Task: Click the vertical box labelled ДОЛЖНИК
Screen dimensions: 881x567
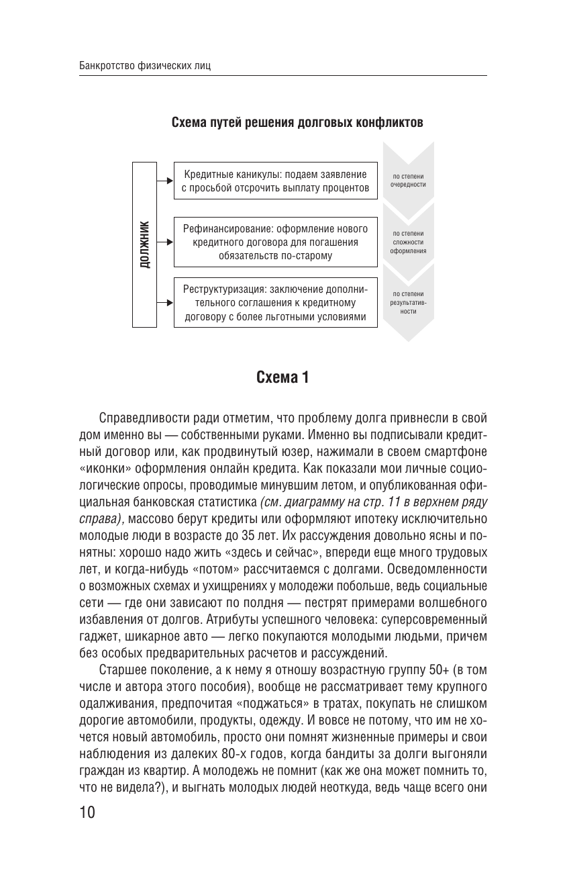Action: (144, 244)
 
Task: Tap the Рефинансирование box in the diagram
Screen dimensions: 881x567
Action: (275, 242)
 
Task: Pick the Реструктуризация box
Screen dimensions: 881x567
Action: (275, 303)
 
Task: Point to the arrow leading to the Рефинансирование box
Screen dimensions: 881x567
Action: (164, 242)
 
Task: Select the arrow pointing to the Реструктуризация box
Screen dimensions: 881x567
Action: (164, 303)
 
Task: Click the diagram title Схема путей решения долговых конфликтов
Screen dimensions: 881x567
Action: (297, 124)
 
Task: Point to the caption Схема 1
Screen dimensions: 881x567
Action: (283, 378)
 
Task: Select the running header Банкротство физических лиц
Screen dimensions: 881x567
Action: (145, 66)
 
